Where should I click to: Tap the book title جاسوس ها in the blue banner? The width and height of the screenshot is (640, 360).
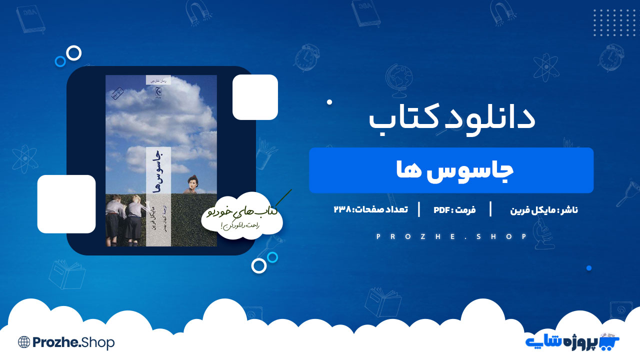tap(451, 170)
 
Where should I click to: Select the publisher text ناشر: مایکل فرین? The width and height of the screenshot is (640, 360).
tap(544, 209)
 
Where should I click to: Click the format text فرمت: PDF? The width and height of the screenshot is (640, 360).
tap(454, 209)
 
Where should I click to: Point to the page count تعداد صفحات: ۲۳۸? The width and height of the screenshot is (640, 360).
tap(370, 209)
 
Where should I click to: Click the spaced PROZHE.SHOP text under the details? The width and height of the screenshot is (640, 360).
tap(451, 236)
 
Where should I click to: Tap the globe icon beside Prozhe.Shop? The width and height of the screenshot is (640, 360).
tap(24, 342)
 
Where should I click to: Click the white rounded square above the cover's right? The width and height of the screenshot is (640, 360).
tap(255, 97)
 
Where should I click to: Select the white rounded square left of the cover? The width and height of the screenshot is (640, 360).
tap(66, 204)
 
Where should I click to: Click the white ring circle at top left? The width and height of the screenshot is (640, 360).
tap(74, 52)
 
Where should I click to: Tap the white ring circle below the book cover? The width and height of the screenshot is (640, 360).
tap(258, 266)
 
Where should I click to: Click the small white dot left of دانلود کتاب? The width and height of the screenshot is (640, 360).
tap(329, 102)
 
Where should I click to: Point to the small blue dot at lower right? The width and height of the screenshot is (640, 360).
tap(589, 268)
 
